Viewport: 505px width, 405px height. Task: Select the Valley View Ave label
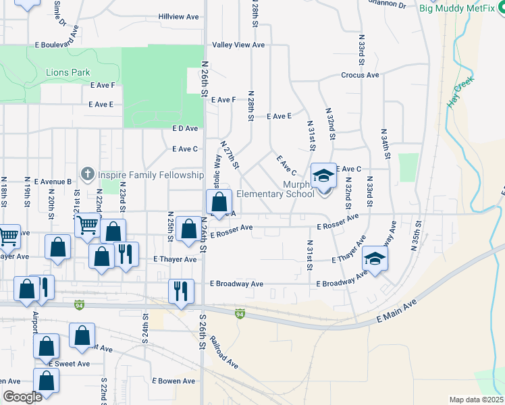238,45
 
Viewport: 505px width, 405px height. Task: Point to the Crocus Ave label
360,75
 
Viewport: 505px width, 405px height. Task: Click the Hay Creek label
461,92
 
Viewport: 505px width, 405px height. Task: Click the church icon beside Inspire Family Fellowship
87,175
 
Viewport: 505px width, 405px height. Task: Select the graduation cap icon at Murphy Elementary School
323,177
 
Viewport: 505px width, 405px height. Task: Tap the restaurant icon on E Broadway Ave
181,290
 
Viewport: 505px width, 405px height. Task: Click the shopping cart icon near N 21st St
87,225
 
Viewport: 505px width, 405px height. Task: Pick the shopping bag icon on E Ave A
219,202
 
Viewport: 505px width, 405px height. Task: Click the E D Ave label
185,128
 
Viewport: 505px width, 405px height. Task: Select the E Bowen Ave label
173,381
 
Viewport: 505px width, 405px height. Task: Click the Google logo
22,397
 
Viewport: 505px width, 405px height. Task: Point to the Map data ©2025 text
475,400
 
